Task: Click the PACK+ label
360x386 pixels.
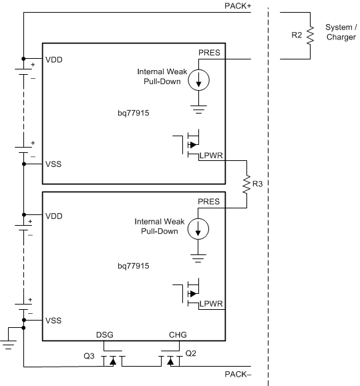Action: click(x=238, y=6)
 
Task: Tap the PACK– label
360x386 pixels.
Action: click(x=238, y=375)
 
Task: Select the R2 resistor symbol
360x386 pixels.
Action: click(x=310, y=35)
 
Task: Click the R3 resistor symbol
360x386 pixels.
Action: click(x=246, y=184)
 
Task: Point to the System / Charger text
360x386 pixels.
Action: click(x=341, y=32)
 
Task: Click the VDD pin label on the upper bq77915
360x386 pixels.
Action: click(x=54, y=60)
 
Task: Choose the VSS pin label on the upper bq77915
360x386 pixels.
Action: click(x=53, y=164)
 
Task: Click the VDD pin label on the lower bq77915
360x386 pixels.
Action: click(x=54, y=216)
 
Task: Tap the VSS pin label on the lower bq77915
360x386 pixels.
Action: click(x=53, y=321)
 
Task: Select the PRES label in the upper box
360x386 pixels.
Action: click(x=209, y=53)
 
